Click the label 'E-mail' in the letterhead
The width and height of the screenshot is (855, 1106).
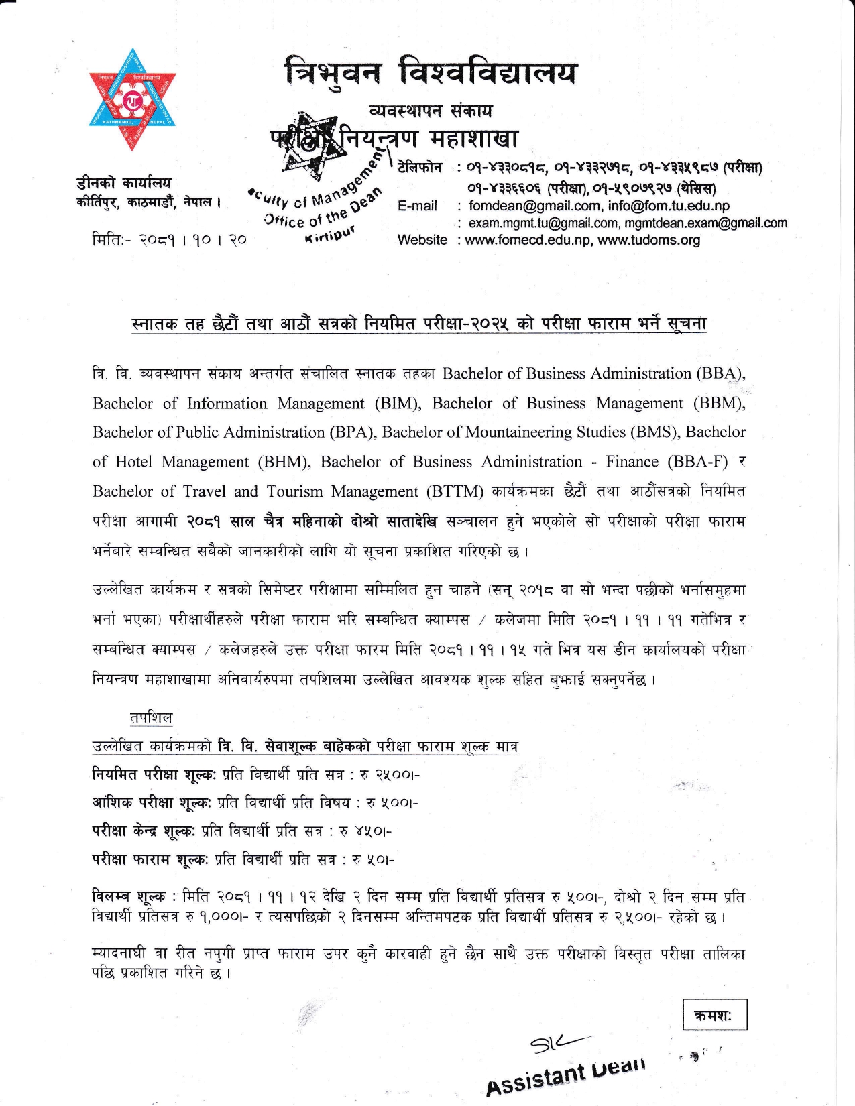tap(417, 206)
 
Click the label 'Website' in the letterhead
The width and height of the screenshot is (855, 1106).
tap(422, 240)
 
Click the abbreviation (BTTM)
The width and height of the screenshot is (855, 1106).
tap(455, 491)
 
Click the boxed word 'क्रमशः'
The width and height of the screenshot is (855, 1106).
tap(714, 1015)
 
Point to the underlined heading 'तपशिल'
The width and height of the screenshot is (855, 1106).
tap(151, 717)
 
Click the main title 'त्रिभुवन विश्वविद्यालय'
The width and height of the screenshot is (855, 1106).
tap(430, 72)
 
